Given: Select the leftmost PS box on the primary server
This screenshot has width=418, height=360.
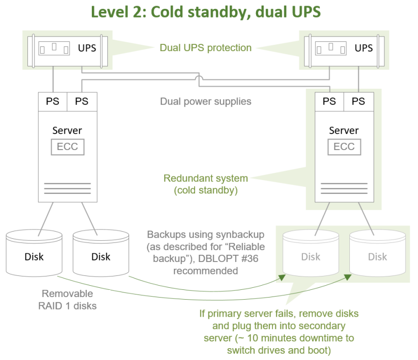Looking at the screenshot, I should [53, 101].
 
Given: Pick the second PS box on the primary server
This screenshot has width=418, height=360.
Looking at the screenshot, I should [82, 101].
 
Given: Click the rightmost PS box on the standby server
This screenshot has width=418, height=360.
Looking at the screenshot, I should [358, 101].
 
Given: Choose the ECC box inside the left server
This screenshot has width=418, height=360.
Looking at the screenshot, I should [68, 146].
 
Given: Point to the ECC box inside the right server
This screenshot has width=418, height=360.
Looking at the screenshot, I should [344, 146].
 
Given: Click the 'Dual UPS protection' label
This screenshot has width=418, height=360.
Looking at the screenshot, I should [205, 48].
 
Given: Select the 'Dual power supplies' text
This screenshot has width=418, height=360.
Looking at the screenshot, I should [205, 101].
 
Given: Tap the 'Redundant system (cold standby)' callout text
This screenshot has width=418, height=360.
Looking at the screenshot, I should [205, 184].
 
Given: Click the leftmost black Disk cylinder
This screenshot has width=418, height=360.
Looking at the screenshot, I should [34, 256].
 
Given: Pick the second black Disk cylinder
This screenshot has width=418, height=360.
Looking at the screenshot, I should [101, 256].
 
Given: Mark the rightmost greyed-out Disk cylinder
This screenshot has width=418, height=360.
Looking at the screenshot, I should [377, 256].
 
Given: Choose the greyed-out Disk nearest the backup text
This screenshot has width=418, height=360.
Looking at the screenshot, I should [311, 256].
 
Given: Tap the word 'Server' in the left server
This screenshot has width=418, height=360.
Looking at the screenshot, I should [67, 130].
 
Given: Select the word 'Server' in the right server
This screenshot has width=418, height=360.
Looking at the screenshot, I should [344, 130].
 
